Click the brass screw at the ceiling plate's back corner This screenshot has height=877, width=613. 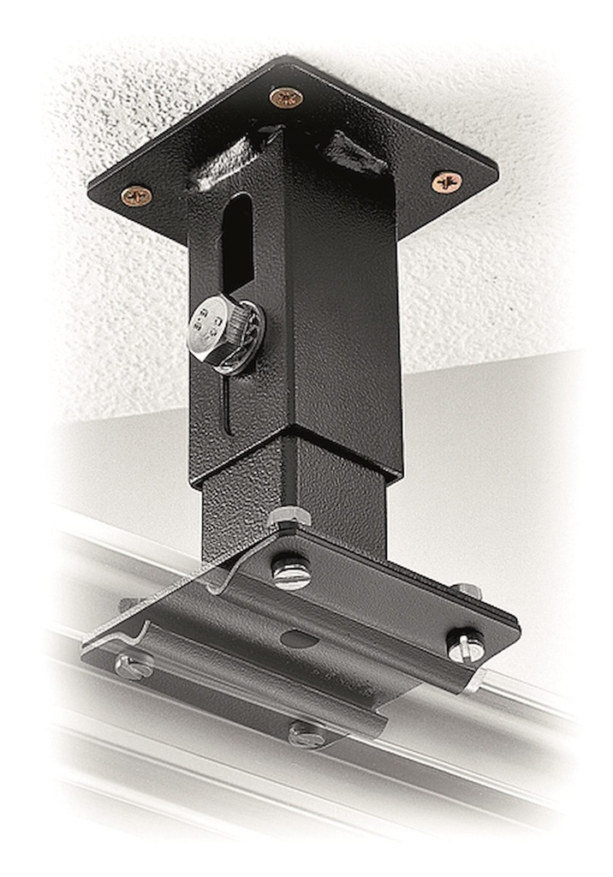(286, 97)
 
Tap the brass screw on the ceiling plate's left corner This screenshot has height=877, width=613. (135, 196)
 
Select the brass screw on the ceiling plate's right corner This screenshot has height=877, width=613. (446, 181)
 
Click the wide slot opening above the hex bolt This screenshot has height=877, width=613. (237, 242)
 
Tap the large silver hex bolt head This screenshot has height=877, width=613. (211, 328)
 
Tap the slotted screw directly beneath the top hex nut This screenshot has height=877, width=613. (291, 572)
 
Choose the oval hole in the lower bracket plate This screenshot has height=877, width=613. (300, 638)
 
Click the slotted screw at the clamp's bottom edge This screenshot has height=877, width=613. (306, 733)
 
